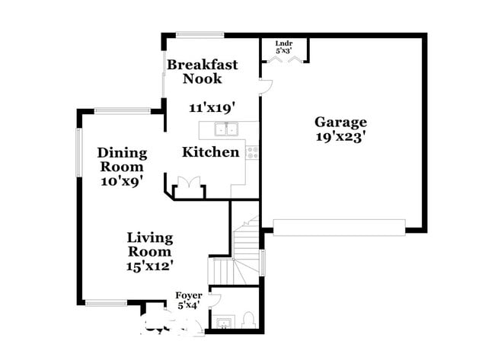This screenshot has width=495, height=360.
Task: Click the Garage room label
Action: click(341, 122)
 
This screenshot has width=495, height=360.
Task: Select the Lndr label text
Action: click(283, 44)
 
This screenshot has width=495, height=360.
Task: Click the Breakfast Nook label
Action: click(203, 71)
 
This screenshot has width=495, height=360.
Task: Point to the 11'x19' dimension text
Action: click(212, 107)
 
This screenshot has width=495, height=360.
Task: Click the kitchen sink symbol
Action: click(226, 129)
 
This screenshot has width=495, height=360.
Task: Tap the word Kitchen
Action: click(210, 152)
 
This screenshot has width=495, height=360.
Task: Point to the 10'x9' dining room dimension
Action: click(122, 181)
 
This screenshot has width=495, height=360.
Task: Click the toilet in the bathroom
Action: click(248, 320)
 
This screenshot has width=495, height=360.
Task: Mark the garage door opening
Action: click(339, 227)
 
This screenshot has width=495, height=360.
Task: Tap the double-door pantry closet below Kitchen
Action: click(187, 185)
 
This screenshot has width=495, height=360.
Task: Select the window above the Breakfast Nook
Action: click(200, 33)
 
